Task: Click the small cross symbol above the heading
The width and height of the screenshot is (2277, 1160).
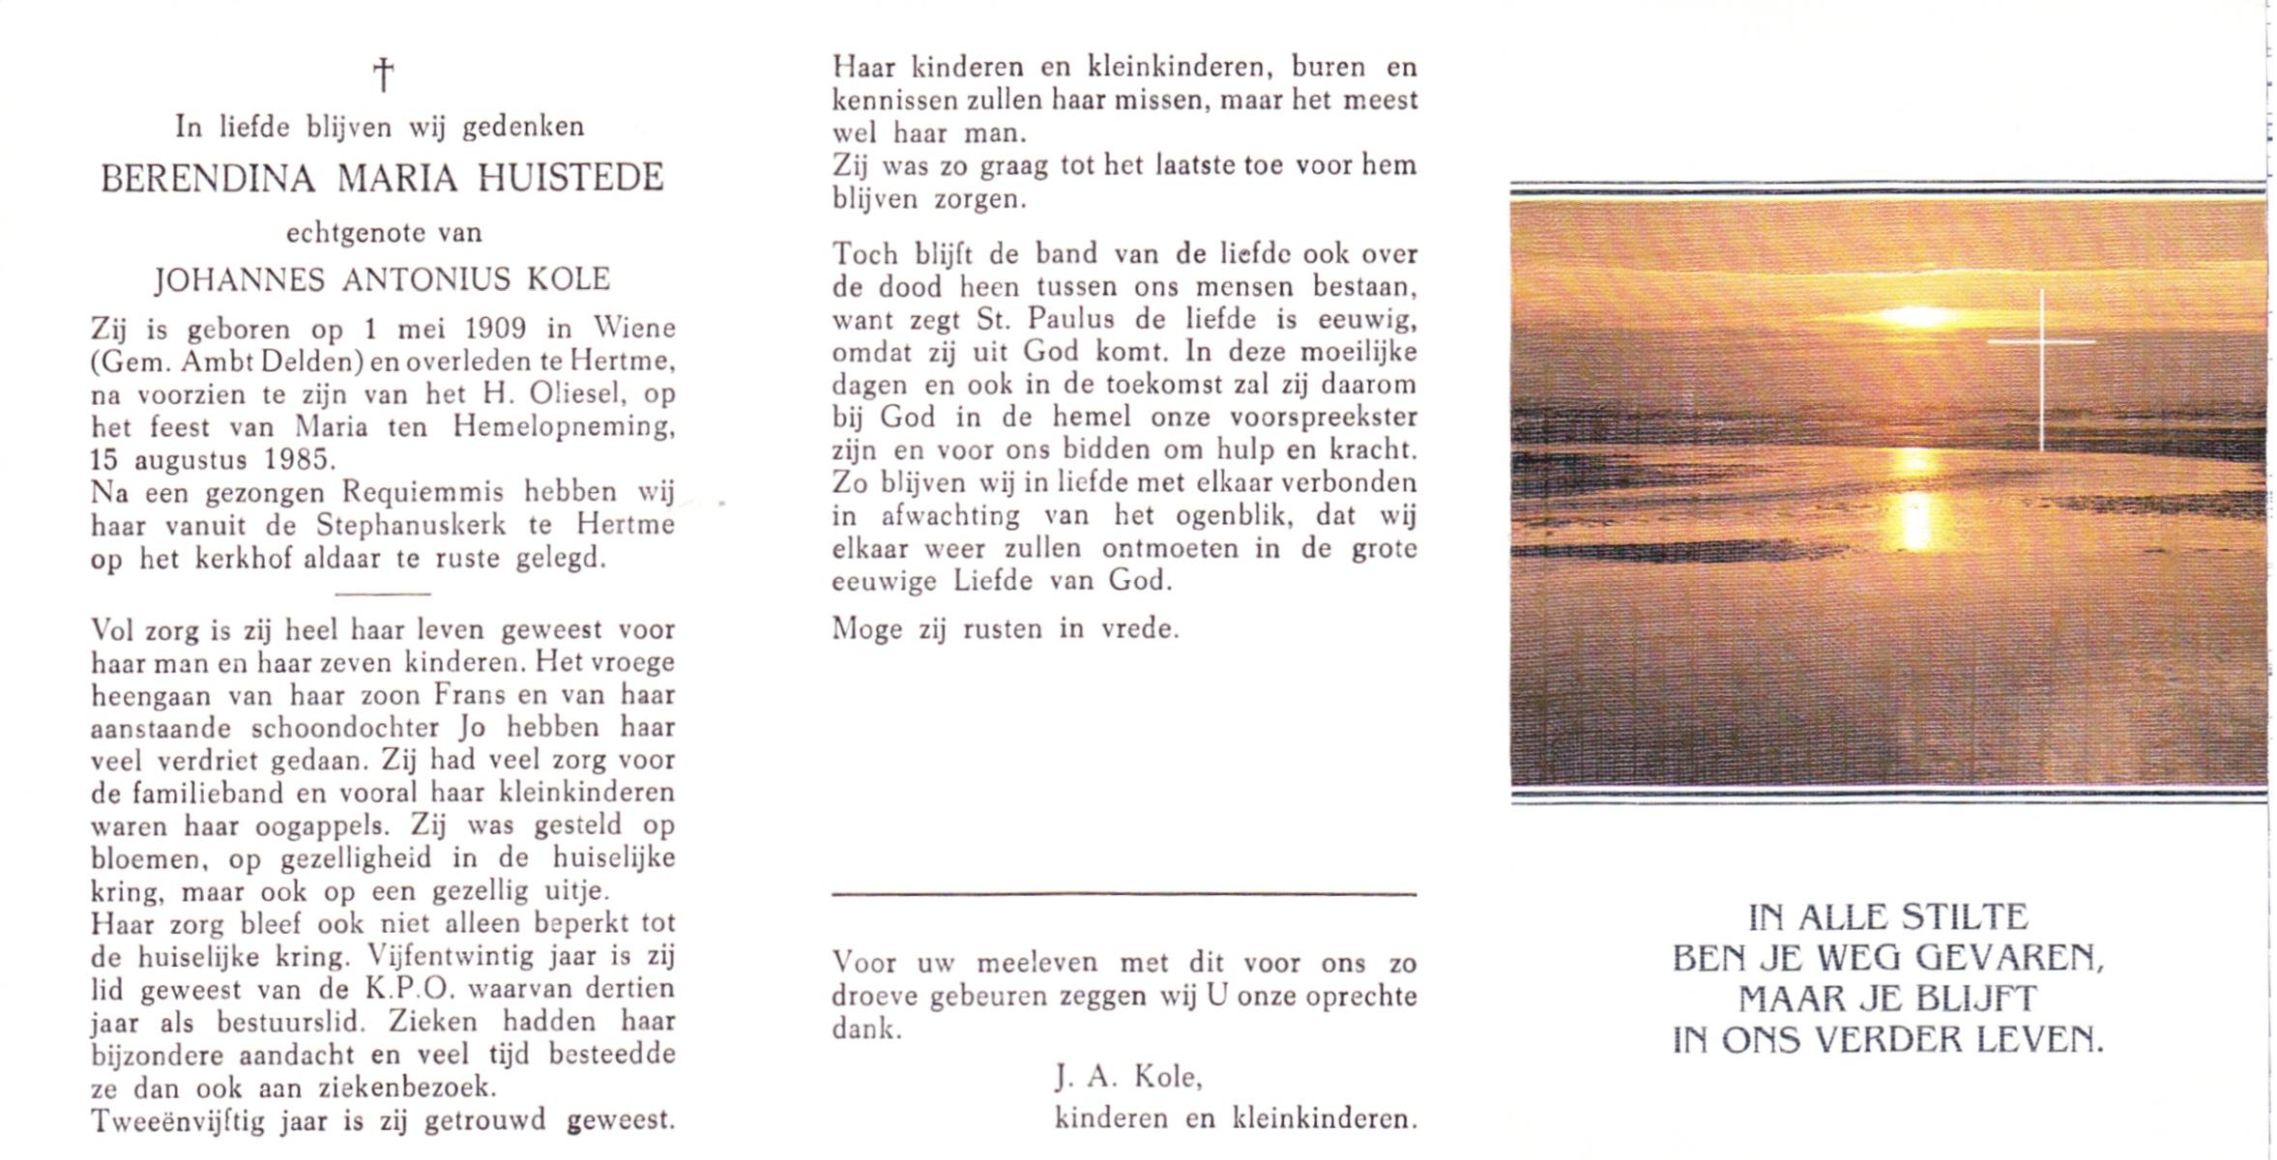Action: pos(384,74)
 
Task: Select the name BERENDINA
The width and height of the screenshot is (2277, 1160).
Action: pos(208,179)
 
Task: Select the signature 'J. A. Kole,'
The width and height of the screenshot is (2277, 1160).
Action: pos(1128,1077)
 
